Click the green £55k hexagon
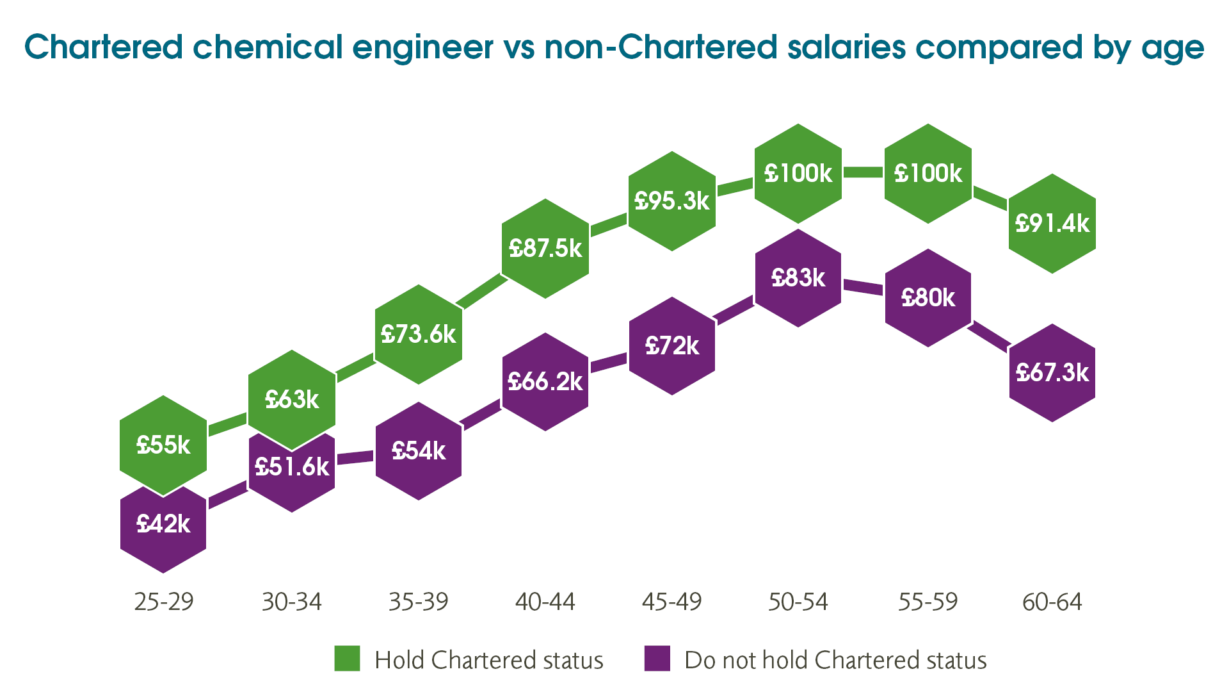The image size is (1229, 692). click(x=163, y=445)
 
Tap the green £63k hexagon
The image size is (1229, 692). click(x=292, y=399)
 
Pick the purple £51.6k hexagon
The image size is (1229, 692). click(x=292, y=474)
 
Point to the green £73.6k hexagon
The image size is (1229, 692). click(x=419, y=334)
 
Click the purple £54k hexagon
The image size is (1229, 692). click(x=419, y=451)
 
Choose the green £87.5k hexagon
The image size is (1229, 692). click(x=545, y=248)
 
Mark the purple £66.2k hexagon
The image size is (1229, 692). click(x=545, y=382)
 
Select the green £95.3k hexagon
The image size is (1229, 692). click(x=672, y=201)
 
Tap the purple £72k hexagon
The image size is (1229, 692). click(x=672, y=346)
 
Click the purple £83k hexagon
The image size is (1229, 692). click(x=798, y=278)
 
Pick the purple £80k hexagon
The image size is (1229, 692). click(x=928, y=298)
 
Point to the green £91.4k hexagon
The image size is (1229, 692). click(x=1052, y=224)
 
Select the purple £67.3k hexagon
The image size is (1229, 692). click(x=1052, y=373)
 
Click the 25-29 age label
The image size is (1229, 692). click(x=164, y=602)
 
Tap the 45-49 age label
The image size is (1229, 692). click(x=672, y=602)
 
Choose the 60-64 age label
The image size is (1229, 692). click(x=1052, y=602)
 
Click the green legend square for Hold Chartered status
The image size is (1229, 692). click(x=347, y=659)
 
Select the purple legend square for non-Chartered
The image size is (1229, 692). click(x=657, y=659)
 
